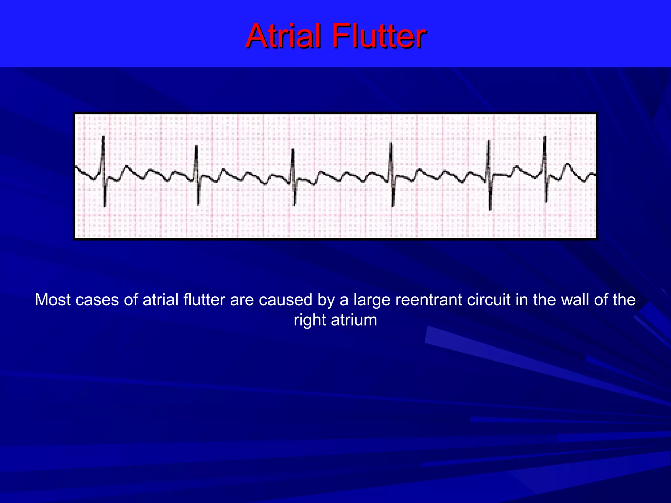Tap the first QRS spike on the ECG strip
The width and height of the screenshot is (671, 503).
pos(104,170)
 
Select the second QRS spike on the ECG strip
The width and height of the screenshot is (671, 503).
pos(197,174)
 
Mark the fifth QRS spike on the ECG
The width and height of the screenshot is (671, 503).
pos(489,174)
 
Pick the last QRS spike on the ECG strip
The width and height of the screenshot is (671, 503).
pos(545,169)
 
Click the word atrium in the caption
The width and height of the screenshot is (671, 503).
pos(354,320)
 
